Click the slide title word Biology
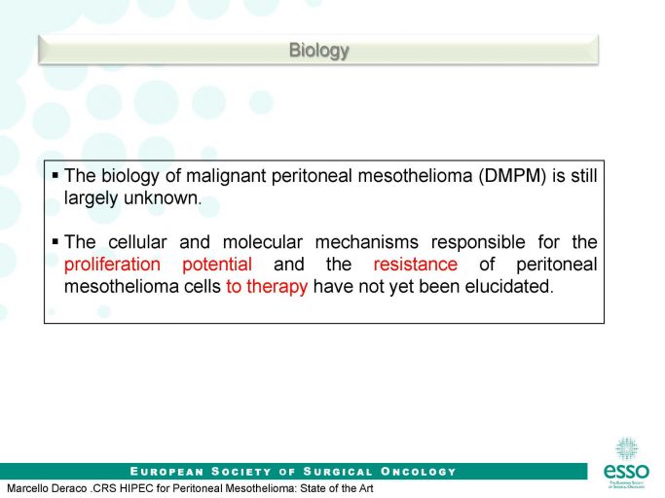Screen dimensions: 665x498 click(x=319, y=51)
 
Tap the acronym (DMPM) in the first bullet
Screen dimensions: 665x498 click(x=512, y=175)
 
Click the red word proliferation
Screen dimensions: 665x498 click(x=112, y=265)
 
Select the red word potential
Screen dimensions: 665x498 click(x=217, y=265)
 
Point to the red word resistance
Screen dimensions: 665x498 click(x=416, y=264)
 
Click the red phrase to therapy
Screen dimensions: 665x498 click(x=267, y=287)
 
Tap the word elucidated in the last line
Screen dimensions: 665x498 click(x=509, y=287)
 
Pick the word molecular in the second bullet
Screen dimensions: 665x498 click(x=263, y=242)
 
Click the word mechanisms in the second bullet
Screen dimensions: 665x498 click(x=367, y=242)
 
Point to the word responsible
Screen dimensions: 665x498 click(x=478, y=242)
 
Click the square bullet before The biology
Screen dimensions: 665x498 click(x=55, y=175)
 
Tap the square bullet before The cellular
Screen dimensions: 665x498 click(x=55, y=241)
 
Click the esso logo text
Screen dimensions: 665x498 click(x=626, y=471)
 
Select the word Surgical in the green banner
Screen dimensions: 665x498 click(x=338, y=472)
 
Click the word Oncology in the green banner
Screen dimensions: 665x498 click(x=418, y=472)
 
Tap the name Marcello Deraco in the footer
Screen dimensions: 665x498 click(x=47, y=488)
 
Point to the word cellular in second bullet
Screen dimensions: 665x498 click(x=137, y=242)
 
